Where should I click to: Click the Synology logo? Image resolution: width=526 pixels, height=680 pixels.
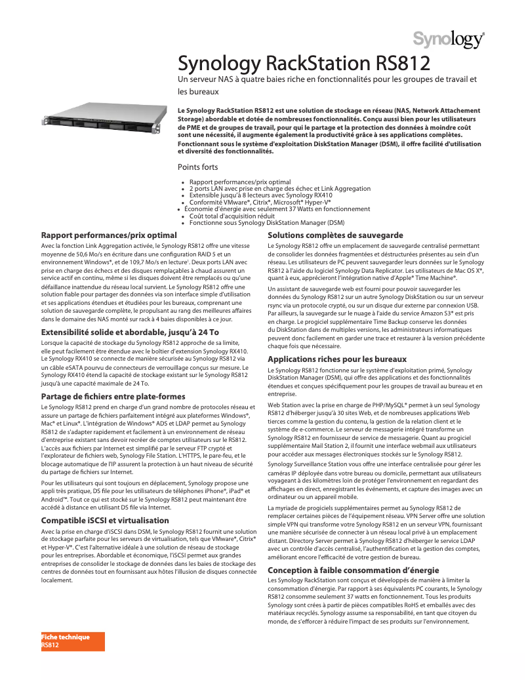tap(449, 41)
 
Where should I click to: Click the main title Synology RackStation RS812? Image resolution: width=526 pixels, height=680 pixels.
tap(304, 64)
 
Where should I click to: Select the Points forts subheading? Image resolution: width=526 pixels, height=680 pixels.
tap(198, 167)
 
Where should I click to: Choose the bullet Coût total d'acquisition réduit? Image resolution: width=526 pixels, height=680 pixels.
tap(232, 216)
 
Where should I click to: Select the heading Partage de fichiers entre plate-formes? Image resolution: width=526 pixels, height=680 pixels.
tap(113, 397)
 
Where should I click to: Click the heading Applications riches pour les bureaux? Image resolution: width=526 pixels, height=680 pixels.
tap(337, 359)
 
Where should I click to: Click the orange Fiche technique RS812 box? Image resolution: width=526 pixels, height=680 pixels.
tap(72, 641)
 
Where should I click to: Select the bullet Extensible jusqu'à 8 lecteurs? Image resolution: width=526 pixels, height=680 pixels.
tap(260, 195)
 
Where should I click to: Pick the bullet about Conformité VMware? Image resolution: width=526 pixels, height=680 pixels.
tap(260, 202)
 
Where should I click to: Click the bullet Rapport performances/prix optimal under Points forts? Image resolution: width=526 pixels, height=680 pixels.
tap(239, 182)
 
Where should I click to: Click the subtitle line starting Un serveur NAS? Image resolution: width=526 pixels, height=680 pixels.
tap(327, 79)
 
